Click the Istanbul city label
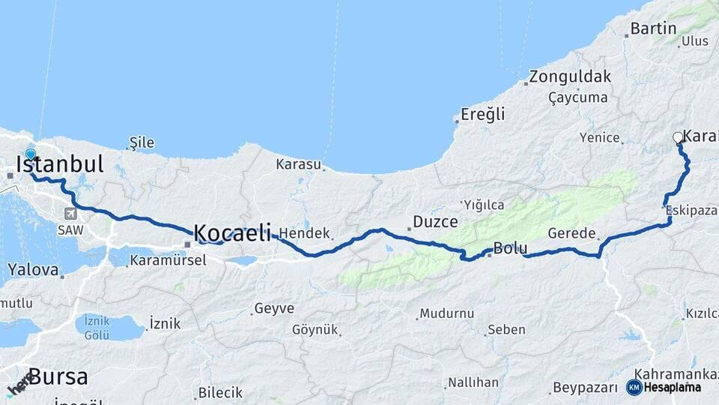[60, 163]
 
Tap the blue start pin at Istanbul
[30, 155]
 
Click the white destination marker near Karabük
[678, 137]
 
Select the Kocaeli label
[232, 233]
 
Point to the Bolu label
[511, 248]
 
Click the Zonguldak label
[570, 76]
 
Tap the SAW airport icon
[70, 213]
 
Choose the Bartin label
[653, 29]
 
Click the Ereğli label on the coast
[482, 115]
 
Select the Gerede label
[571, 233]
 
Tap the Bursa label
[58, 376]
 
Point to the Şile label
[142, 142]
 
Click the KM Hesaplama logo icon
[634, 387]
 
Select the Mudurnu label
[447, 313]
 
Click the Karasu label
[298, 163]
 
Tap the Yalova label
[33, 268]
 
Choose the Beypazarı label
[583, 388]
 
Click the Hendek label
[304, 233]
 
